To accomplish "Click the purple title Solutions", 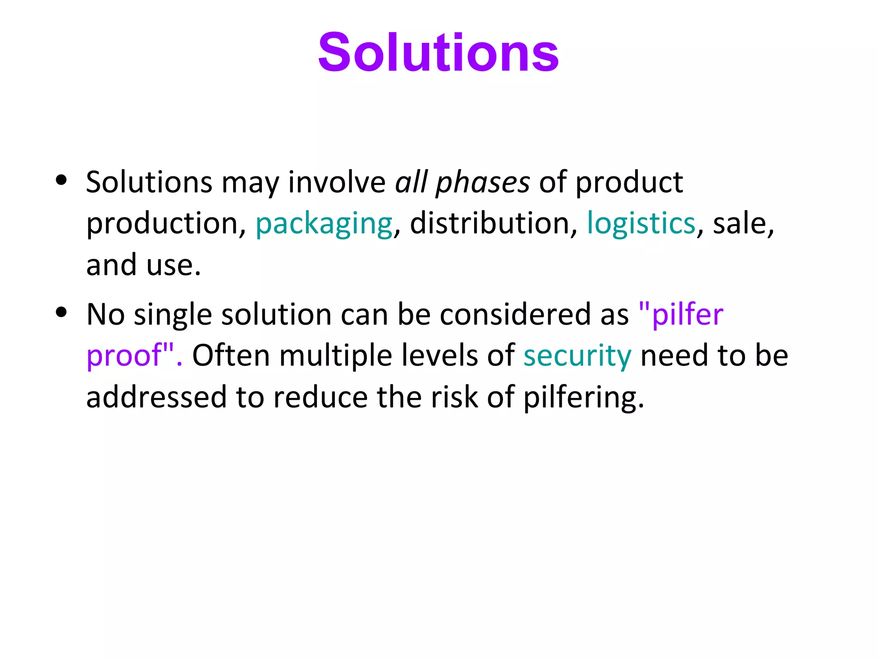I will (438, 52).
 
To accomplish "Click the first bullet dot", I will (61, 180).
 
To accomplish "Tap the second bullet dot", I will (61, 312).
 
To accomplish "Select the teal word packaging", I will (324, 224).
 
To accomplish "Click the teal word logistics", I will (640, 224).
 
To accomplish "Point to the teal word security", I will (577, 357).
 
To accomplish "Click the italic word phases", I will (483, 183).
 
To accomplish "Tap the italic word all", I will (411, 182).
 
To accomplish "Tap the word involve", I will (337, 182).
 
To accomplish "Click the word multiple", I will (336, 357).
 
